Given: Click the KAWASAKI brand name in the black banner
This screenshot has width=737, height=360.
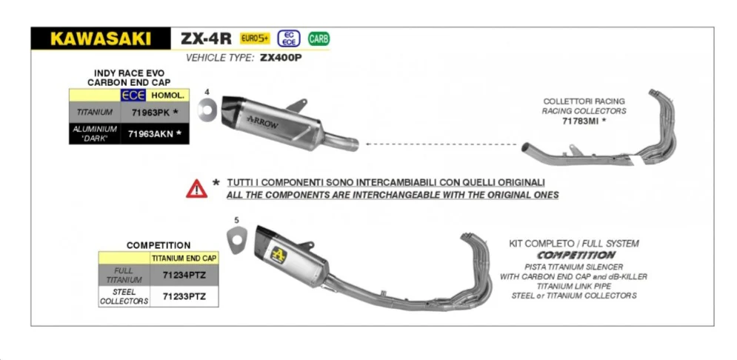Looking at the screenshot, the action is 101,39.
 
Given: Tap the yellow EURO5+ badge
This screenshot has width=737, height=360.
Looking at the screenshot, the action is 256,38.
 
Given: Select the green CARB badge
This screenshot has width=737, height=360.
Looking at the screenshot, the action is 319,39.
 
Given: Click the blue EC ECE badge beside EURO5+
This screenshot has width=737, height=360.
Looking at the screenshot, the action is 289,39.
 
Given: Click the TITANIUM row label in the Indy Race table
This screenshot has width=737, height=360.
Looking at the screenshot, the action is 95,113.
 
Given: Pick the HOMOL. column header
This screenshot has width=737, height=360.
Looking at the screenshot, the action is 167,96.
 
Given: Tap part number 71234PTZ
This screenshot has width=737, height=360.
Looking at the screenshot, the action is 184,276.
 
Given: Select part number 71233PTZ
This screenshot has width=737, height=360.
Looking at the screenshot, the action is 184,296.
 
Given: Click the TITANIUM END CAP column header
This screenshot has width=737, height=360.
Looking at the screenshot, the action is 184,258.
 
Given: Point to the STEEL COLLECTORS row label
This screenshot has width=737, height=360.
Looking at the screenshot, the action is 124,296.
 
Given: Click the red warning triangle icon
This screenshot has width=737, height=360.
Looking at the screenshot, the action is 196,189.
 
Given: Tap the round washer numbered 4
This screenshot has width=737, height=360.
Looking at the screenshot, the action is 207,109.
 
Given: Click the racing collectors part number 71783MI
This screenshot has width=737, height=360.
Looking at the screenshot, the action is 581,121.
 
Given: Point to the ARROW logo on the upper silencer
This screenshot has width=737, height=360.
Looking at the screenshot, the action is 262,120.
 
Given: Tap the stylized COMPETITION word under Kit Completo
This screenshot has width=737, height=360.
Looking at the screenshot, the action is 576,256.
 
